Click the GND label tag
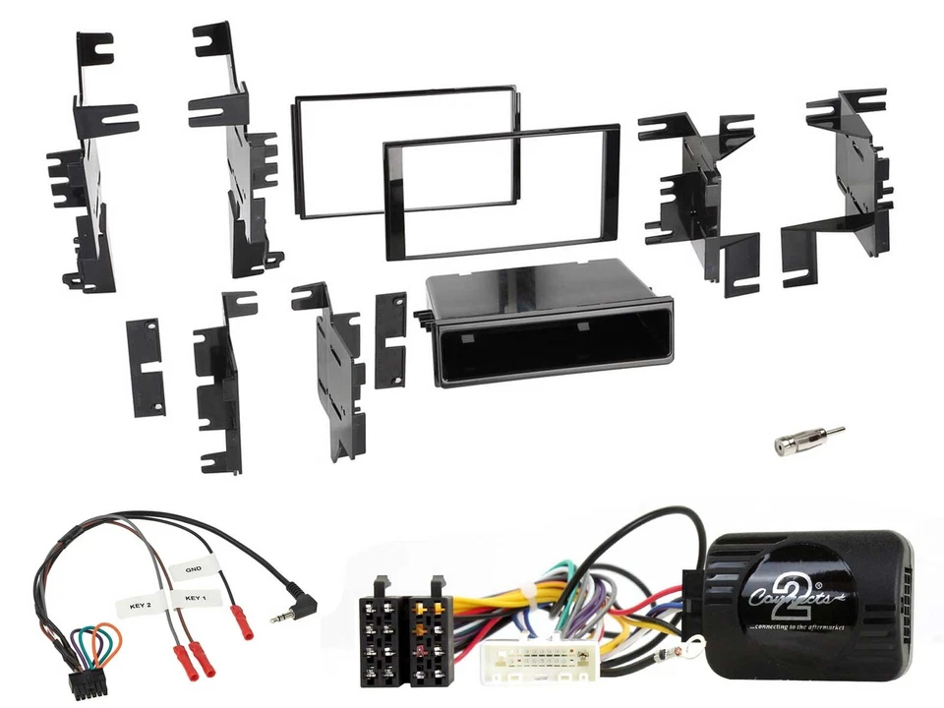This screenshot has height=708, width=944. [x=193, y=569]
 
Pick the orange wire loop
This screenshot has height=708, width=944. [x=101, y=644]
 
